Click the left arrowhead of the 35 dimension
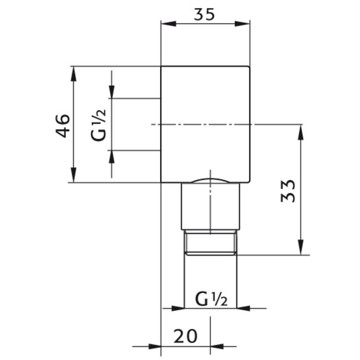click(x=166, y=24)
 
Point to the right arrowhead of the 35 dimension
click(x=246, y=24)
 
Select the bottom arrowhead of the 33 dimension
click(x=300, y=250)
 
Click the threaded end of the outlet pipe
click(x=210, y=243)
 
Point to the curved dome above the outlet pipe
click(x=210, y=180)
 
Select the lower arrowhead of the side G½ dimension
click(x=112, y=156)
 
